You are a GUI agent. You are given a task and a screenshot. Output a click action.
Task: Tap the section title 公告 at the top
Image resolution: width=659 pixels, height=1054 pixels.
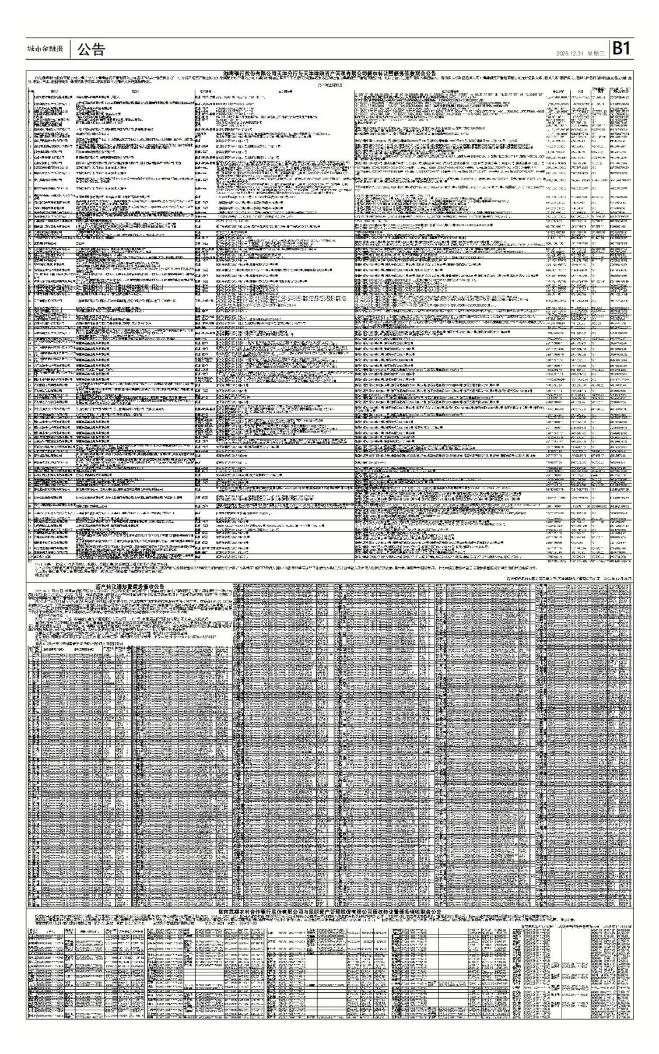[90, 50]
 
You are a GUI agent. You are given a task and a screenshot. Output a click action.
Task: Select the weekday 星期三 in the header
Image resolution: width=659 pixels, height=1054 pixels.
[596, 53]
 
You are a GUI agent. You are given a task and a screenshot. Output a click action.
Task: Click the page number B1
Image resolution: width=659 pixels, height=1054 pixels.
[620, 49]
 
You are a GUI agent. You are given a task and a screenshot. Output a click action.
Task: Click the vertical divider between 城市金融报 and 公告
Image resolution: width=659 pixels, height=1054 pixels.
[69, 50]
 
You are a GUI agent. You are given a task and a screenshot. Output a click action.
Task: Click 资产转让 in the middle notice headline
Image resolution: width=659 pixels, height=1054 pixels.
[90, 586]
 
